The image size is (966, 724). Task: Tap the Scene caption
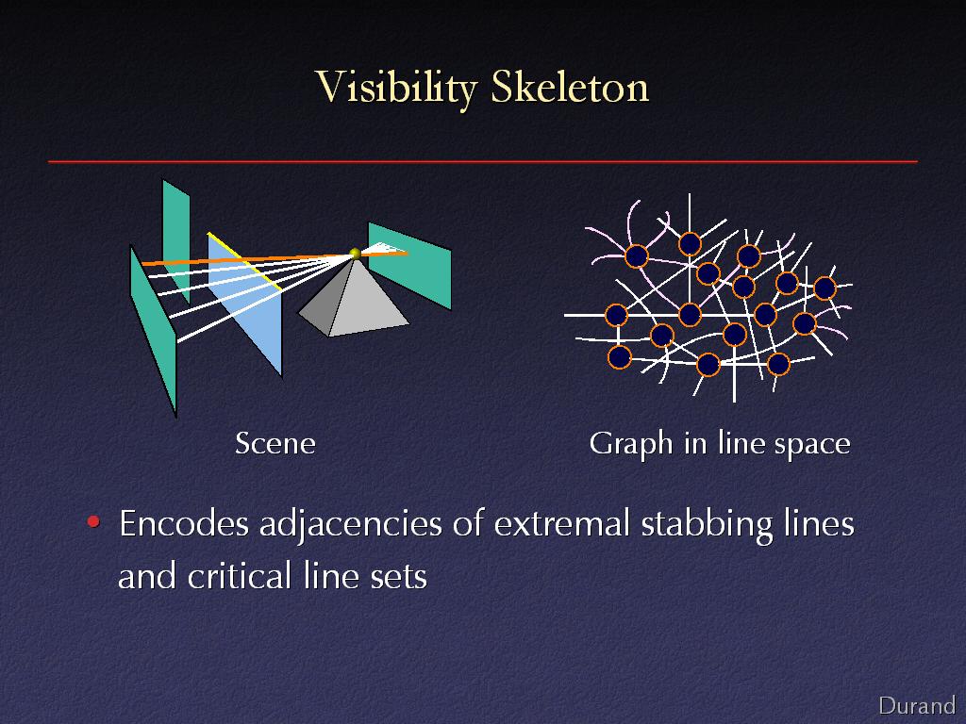coord(275,443)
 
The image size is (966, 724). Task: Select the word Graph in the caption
coord(631,445)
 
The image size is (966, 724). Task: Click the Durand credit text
coord(917,705)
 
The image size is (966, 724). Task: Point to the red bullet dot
coord(93,522)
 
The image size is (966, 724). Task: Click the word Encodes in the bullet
coord(184,524)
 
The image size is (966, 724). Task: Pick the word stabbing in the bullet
coord(707,525)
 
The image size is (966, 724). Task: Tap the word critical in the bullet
coord(239,576)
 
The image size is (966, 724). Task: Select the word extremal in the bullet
coord(562,524)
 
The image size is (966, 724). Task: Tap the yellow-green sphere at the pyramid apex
coord(355,253)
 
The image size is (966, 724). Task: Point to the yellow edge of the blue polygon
coord(244,261)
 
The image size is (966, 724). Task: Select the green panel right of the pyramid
coord(409,265)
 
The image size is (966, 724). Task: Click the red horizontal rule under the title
coord(483,161)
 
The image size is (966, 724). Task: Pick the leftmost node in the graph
coord(616,315)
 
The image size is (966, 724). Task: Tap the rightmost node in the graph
coord(824,288)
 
